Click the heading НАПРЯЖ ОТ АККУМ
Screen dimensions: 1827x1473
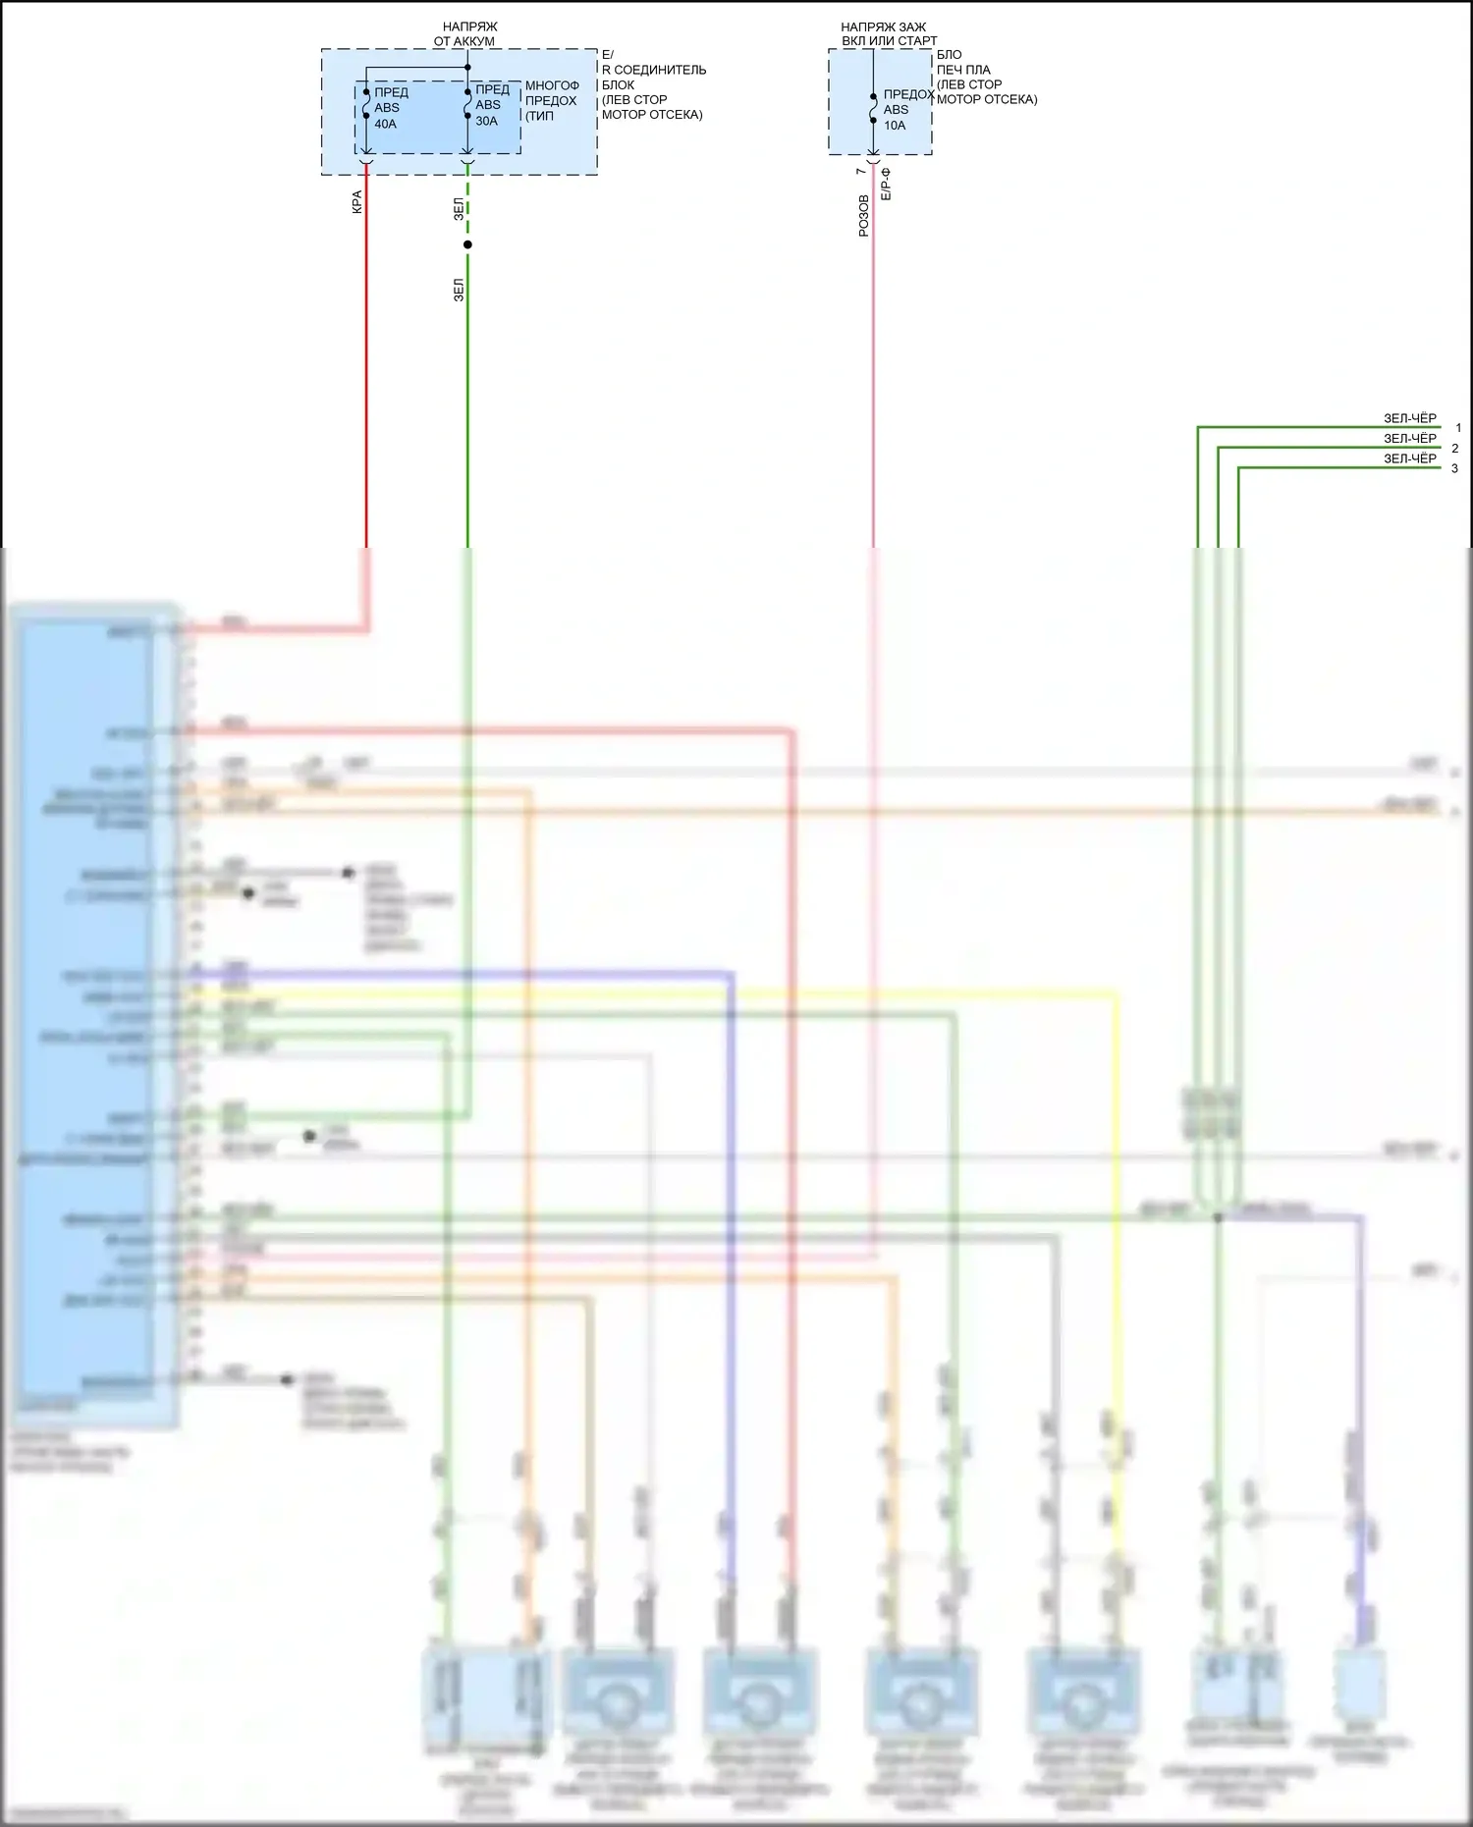(x=465, y=34)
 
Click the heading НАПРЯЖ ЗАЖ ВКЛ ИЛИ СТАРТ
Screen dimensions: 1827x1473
(x=887, y=34)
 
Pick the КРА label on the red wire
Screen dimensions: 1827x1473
(x=357, y=202)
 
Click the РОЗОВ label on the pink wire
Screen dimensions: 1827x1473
(x=864, y=216)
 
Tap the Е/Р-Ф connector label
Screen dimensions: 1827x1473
(x=885, y=185)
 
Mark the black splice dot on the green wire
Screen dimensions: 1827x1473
(x=467, y=244)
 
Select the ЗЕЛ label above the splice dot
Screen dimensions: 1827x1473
(x=459, y=209)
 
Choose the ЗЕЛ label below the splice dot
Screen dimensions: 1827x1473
(x=459, y=290)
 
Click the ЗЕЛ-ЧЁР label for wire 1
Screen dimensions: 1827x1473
(x=1409, y=418)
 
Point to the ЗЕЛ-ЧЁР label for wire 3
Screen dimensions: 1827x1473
(x=1409, y=458)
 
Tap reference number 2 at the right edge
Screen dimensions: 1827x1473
(x=1455, y=449)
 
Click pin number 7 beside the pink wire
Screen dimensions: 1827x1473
(x=861, y=172)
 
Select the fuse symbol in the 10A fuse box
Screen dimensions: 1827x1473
(x=873, y=108)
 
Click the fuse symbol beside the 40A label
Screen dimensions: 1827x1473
(x=366, y=104)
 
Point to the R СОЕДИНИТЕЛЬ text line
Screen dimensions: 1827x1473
(x=653, y=70)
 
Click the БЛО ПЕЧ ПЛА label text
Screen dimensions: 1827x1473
(x=963, y=62)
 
